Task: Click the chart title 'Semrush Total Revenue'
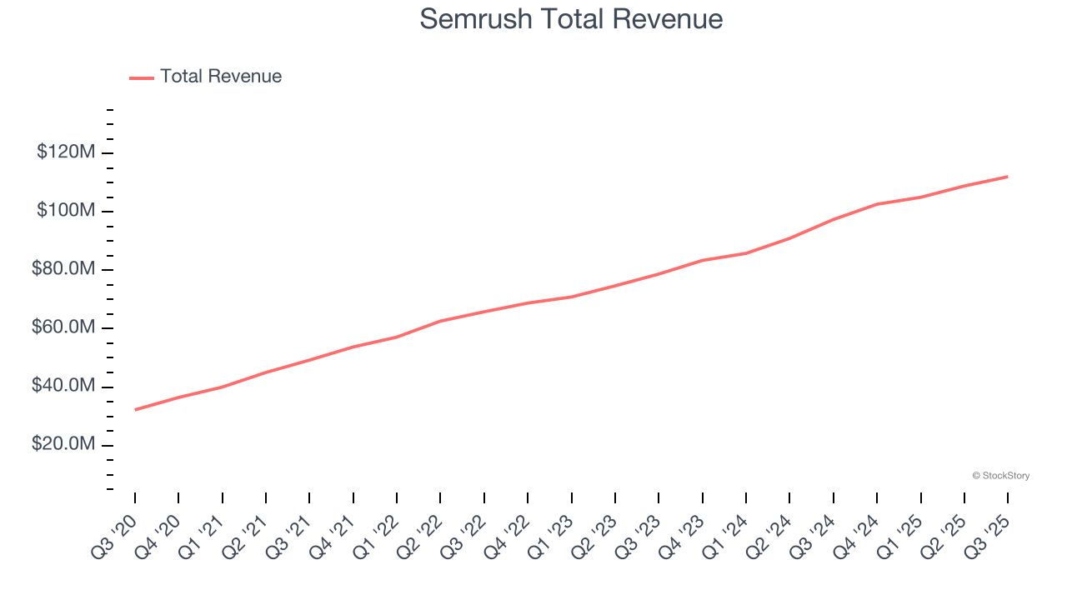click(x=571, y=18)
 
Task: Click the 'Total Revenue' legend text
click(x=221, y=77)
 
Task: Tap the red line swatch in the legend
click(x=142, y=77)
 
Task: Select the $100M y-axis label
click(x=66, y=211)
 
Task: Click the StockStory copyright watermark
click(x=1000, y=476)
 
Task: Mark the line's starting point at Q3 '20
click(x=135, y=409)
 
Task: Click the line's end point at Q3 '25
click(x=1008, y=177)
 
